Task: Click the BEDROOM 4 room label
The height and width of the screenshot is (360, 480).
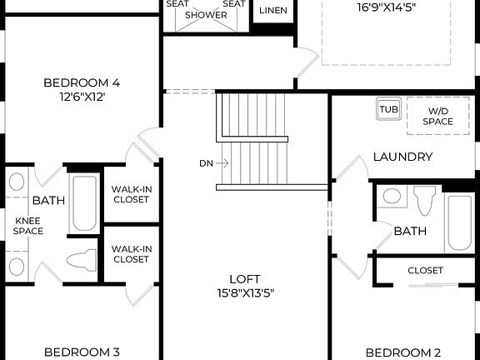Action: click(x=82, y=82)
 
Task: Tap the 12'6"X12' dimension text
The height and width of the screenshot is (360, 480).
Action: click(x=82, y=96)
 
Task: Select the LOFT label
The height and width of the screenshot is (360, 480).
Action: click(x=245, y=279)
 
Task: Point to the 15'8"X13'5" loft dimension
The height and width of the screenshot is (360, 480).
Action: click(x=245, y=292)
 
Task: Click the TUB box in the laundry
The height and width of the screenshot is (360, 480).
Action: click(x=388, y=109)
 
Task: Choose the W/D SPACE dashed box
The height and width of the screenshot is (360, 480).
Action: click(x=437, y=117)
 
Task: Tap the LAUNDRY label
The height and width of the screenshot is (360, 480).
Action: click(x=402, y=157)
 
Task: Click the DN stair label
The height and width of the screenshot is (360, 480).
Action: click(x=206, y=163)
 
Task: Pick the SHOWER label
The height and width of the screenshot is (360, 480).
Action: click(x=205, y=15)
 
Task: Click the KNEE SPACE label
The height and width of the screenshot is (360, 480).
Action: click(x=27, y=225)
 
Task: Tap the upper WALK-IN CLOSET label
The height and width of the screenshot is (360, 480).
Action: click(x=131, y=194)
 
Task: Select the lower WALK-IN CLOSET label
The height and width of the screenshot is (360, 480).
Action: click(x=131, y=253)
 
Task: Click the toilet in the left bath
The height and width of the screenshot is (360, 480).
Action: click(x=82, y=259)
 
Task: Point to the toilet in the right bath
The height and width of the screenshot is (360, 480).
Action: click(x=424, y=200)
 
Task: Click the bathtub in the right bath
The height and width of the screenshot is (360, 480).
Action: click(x=459, y=222)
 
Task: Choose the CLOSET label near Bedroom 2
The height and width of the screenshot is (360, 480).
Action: click(x=425, y=270)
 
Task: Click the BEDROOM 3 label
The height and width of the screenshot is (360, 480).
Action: click(x=82, y=352)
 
